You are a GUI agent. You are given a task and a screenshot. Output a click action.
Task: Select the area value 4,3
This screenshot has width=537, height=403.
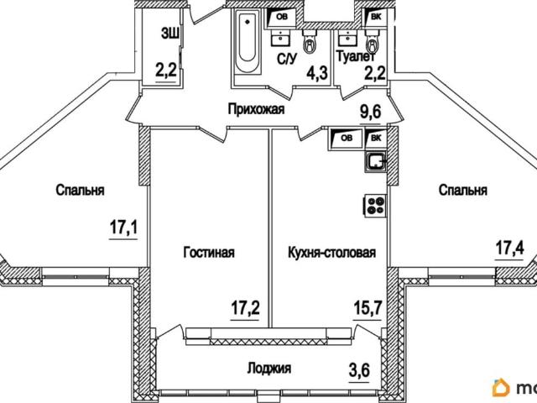tap(317, 72)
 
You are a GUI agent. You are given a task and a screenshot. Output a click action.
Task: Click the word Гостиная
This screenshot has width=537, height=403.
tap(209, 252)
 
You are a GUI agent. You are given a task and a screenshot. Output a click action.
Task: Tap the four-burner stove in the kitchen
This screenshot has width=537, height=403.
tap(375, 204)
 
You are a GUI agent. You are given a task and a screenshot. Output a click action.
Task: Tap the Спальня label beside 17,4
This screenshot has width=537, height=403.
tap(462, 191)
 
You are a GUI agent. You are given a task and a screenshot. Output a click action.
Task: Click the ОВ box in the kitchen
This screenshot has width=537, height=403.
tap(344, 139)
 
